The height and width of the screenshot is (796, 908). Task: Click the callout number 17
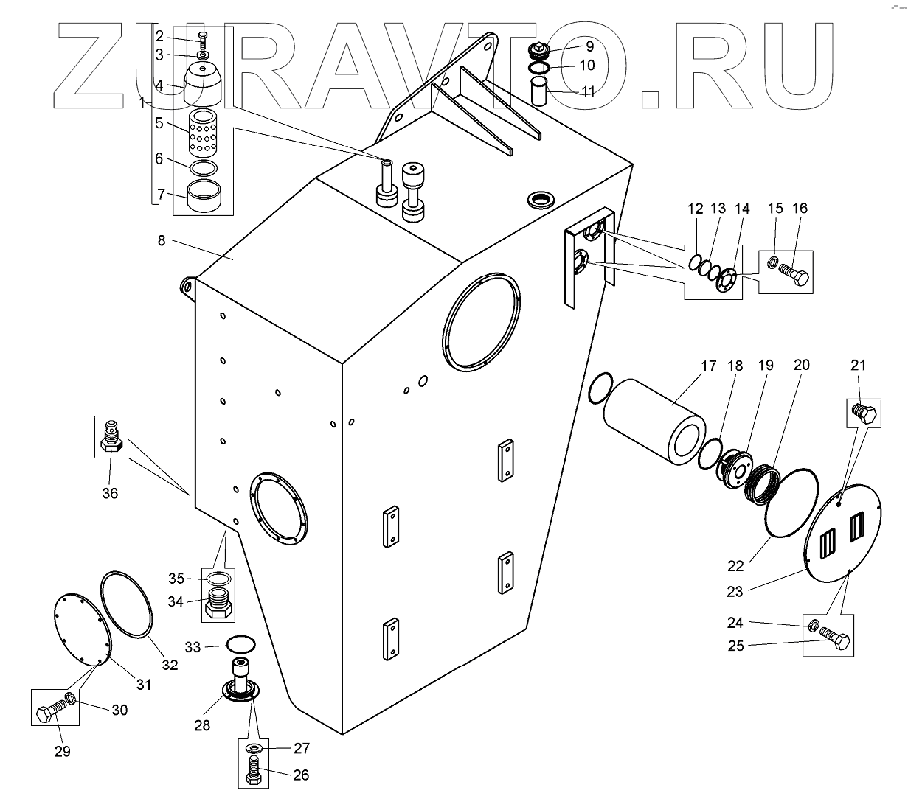pos(709,366)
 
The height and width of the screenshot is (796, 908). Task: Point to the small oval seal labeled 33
pos(240,643)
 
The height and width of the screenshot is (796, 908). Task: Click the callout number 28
pos(201,725)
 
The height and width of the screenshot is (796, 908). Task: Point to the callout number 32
pos(170,664)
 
